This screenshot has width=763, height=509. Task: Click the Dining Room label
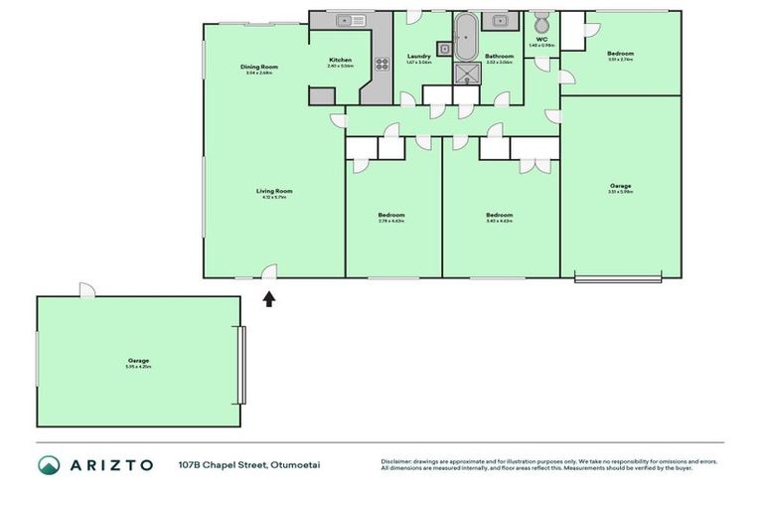(x=258, y=68)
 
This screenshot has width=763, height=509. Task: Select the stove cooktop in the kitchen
(x=381, y=63)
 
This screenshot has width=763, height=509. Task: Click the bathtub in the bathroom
(x=466, y=37)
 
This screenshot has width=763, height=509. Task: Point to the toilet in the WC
(x=541, y=23)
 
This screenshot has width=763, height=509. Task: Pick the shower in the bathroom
(x=466, y=73)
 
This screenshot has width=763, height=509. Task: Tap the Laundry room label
(x=419, y=57)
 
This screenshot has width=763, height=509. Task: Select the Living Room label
(x=274, y=191)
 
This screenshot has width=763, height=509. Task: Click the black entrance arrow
(x=268, y=297)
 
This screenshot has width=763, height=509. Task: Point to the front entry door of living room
(x=268, y=271)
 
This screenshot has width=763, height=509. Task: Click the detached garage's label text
(x=138, y=360)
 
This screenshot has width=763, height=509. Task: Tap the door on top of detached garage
(x=87, y=289)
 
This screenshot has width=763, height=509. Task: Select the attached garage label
(x=621, y=186)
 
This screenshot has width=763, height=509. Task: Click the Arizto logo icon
(x=49, y=464)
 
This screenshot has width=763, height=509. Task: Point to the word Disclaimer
(x=398, y=461)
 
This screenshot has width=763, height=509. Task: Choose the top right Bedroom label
(x=620, y=54)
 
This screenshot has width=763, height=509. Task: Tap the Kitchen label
(x=340, y=61)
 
